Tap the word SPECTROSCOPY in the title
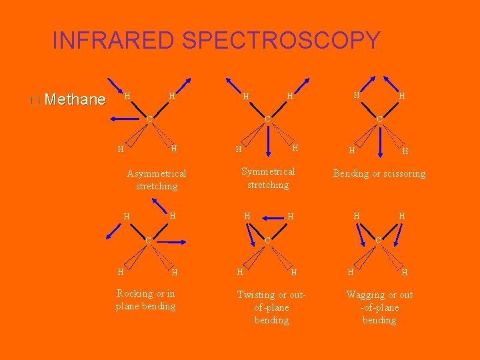(x=281, y=41)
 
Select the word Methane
(x=77, y=100)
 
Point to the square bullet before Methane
(x=35, y=101)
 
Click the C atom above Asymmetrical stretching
(x=150, y=119)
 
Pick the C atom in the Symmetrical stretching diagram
(x=267, y=119)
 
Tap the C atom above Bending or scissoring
(x=379, y=119)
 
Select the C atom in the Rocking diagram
(x=149, y=239)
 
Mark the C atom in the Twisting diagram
(x=266, y=239)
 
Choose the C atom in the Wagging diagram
(x=378, y=239)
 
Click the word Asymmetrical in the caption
(x=157, y=173)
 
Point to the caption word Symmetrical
(x=268, y=172)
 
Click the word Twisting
(x=255, y=295)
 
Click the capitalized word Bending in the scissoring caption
(x=351, y=174)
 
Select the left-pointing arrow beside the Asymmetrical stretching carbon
(x=127, y=119)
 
